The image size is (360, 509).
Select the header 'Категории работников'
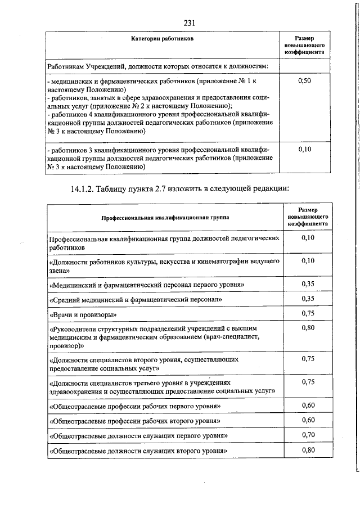click(162, 40)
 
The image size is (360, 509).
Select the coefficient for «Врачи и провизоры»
click(307, 313)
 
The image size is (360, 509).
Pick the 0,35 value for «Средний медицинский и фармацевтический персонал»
click(307, 298)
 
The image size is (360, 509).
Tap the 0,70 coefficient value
click(307, 434)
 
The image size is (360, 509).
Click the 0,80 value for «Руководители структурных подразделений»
click(307, 328)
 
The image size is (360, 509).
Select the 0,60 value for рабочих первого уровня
click(307, 404)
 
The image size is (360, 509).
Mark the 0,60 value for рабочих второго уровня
click(307, 420)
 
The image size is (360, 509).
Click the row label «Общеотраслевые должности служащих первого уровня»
click(138, 436)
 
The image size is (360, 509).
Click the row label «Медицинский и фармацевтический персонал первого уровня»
click(147, 285)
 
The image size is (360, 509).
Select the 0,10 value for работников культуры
click(307, 260)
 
